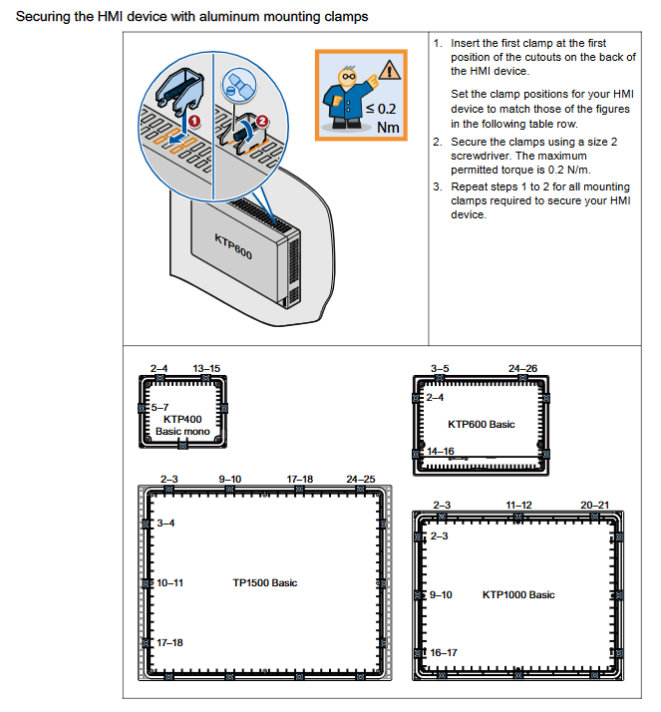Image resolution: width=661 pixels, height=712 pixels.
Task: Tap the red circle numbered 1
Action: [193, 121]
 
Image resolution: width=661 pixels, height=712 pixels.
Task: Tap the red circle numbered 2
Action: [261, 121]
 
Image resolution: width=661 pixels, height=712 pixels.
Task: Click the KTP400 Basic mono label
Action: [182, 426]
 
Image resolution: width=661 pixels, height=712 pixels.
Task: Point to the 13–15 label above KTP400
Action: [206, 369]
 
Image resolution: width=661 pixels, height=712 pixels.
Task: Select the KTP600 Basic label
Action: [482, 424]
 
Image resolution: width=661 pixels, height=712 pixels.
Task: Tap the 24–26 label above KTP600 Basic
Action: [522, 369]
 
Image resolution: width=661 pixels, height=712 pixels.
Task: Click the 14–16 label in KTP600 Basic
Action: [442, 452]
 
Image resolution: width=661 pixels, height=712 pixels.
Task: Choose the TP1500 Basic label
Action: [264, 582]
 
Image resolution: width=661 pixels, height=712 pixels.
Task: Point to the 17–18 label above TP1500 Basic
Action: [300, 480]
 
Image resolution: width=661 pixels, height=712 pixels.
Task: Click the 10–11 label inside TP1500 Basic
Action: [169, 581]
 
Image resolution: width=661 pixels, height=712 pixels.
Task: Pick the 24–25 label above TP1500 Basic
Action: [361, 480]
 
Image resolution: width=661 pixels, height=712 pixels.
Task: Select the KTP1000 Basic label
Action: [518, 594]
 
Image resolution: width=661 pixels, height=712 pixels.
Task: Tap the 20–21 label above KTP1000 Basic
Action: [596, 506]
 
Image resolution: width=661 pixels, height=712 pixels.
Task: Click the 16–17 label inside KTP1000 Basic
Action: [444, 652]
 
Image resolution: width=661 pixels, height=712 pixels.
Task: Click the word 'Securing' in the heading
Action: [43, 17]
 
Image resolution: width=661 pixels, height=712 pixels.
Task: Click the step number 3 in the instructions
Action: [437, 187]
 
